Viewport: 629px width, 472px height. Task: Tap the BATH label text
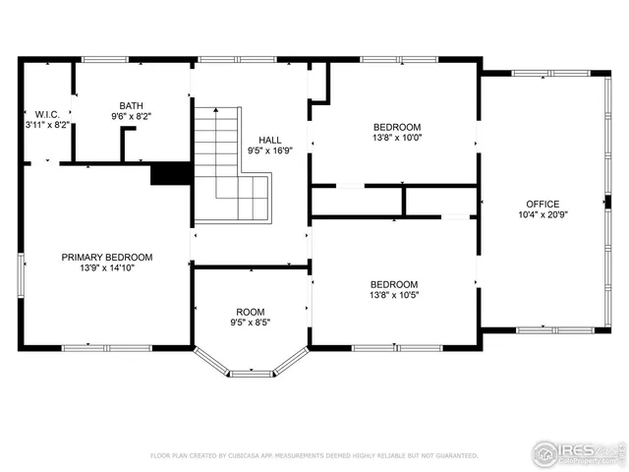pos(131,105)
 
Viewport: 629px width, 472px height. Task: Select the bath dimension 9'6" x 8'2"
pos(131,116)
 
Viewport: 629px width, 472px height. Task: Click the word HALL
pos(270,141)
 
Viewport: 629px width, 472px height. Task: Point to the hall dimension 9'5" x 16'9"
pos(270,151)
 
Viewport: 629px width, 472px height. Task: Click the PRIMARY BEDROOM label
pos(107,257)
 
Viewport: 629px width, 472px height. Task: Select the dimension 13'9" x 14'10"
pos(107,267)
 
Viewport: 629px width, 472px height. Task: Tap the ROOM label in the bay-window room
pos(250,312)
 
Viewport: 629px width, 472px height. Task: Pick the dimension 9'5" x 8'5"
pos(250,323)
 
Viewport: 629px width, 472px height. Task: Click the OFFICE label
pos(542,204)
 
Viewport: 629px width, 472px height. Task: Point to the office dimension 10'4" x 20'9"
pos(542,214)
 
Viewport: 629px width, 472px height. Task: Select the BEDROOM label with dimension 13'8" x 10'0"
pos(396,127)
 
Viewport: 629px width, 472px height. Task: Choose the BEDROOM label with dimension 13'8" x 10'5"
pos(393,284)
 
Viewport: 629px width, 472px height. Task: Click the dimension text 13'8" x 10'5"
pos(393,295)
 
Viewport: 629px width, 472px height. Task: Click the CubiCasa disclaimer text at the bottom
pos(314,455)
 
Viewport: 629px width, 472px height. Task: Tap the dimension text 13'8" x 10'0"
pos(396,138)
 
